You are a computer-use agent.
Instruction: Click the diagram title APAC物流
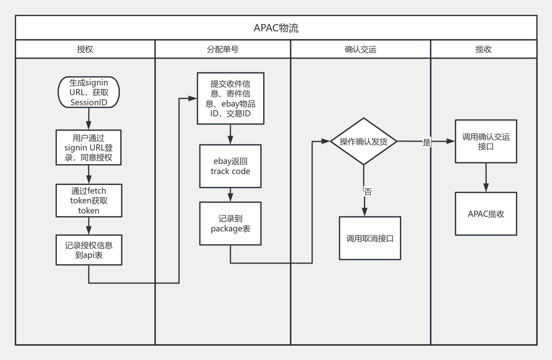point(276,28)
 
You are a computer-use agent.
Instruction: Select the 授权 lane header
point(85,49)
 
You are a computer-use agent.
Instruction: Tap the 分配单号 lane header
point(223,49)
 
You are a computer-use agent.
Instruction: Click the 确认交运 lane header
point(360,49)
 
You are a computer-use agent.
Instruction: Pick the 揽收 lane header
point(484,49)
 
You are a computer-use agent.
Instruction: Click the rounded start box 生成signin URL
point(89,92)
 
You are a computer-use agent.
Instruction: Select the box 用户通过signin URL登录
point(88,147)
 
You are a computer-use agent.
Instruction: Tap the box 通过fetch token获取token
point(89,201)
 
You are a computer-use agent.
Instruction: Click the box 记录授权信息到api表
point(89,250)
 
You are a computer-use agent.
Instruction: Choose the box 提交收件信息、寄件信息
point(230,98)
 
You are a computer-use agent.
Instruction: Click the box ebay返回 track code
point(230,166)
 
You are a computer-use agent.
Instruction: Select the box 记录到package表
point(230,223)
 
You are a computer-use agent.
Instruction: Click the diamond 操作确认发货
point(364,142)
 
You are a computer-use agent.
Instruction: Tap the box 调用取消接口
point(370,238)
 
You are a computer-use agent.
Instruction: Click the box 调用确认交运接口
point(486,142)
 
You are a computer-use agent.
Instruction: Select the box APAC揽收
point(486,214)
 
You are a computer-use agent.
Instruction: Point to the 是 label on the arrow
point(427,142)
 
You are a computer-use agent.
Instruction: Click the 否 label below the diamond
point(368,192)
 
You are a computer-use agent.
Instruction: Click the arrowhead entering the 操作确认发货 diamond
point(326,142)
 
